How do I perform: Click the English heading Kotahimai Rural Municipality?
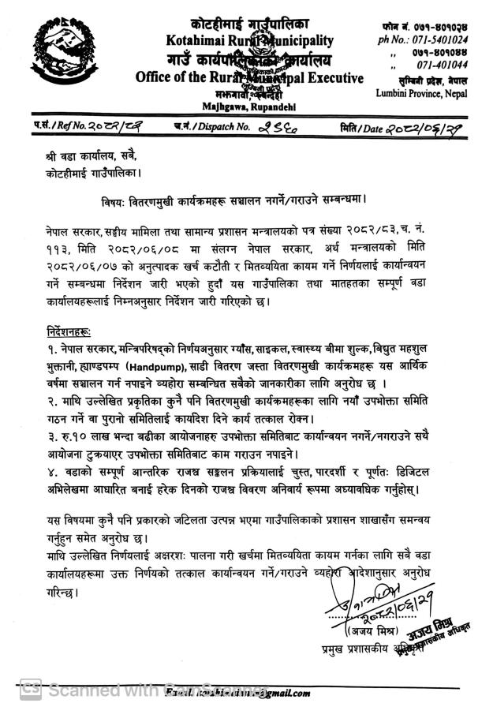249,41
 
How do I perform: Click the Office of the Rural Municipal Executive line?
249,78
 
